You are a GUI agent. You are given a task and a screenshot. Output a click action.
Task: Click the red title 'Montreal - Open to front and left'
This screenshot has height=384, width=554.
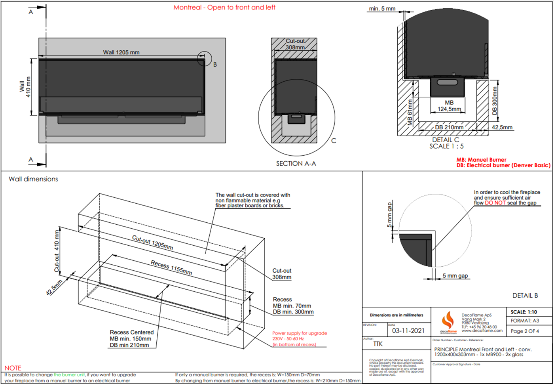tap(224, 8)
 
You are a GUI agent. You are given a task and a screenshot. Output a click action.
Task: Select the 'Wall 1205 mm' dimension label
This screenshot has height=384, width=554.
tap(121, 52)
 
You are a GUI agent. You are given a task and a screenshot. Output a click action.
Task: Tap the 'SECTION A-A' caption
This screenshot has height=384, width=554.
tap(296, 164)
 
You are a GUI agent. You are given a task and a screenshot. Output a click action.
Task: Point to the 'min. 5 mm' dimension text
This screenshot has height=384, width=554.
tap(382, 9)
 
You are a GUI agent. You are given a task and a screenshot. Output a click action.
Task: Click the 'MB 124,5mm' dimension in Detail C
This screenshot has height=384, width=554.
tap(449, 106)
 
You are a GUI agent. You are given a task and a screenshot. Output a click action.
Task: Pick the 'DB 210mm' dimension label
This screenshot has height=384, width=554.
tap(449, 127)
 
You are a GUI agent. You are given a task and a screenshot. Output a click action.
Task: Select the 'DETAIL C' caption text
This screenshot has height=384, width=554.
tap(446, 140)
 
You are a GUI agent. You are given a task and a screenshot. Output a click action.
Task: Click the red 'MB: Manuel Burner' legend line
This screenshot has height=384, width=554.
tap(481, 160)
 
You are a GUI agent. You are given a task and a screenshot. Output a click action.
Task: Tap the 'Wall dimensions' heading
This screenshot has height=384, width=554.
tap(33, 179)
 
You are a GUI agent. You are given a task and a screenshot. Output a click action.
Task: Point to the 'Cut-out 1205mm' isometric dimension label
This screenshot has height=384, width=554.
tap(152, 242)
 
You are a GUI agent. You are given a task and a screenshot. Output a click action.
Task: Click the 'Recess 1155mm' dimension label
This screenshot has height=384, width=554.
tap(171, 267)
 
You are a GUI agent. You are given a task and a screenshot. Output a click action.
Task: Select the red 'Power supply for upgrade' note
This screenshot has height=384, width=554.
tap(300, 333)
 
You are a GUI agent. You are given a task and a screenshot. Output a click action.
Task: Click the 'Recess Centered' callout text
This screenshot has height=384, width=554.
tap(132, 332)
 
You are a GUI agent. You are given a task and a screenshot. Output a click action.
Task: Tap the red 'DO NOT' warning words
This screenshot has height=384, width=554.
tap(495, 203)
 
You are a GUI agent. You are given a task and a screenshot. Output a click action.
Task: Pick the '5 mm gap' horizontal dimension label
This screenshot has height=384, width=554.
tap(455, 276)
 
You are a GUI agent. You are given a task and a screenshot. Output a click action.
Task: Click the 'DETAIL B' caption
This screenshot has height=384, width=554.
tap(525, 296)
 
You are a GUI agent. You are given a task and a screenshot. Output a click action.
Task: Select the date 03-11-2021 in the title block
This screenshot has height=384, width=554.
tap(408, 331)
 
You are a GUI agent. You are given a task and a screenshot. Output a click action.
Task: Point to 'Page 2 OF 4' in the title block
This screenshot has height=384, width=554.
tap(524, 331)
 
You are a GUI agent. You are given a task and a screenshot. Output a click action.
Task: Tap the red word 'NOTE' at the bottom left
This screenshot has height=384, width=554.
tap(13, 368)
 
